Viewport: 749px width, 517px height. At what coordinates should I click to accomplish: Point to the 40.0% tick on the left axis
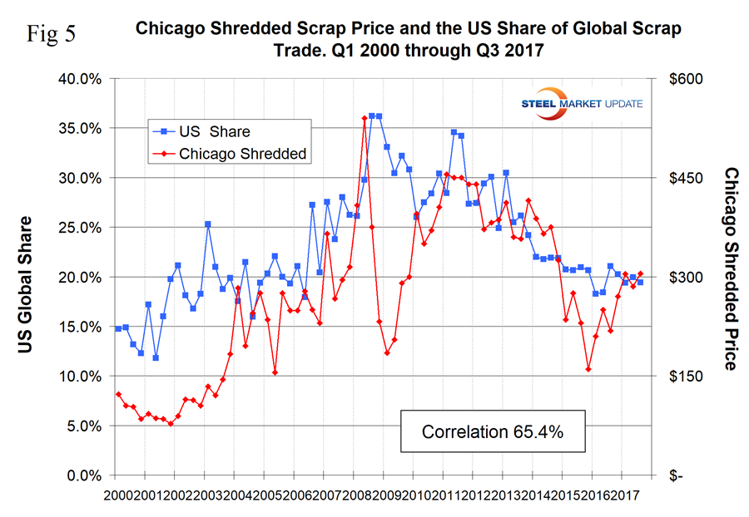pos(82,79)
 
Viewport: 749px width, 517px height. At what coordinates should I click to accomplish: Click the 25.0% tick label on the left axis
pos(82,228)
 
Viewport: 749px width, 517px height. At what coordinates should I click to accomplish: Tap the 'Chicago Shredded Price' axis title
pos(731,268)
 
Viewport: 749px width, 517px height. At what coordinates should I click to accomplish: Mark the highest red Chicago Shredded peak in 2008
pos(365,118)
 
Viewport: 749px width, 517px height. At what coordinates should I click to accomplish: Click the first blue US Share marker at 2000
pos(118,328)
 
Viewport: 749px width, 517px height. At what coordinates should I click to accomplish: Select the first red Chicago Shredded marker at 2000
pos(118,394)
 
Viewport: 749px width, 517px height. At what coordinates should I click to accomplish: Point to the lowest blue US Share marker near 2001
pos(156,357)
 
